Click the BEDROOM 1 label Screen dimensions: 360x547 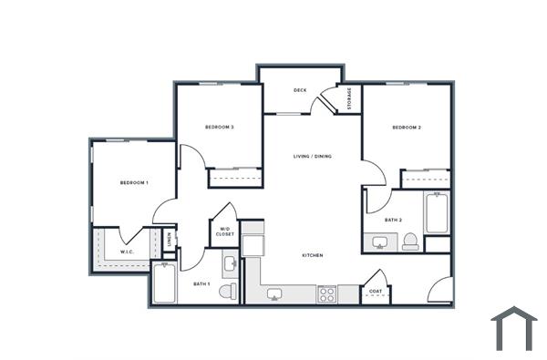click(134, 183)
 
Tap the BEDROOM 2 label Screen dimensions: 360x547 click(406, 128)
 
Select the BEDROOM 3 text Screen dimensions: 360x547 click(220, 127)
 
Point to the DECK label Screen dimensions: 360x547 click(299, 90)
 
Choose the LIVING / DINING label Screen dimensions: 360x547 click(312, 156)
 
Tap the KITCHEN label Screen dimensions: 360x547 click(312, 255)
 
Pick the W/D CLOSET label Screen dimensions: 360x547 click(224, 231)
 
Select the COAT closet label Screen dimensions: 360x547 click(376, 292)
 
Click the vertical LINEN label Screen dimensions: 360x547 click(170, 240)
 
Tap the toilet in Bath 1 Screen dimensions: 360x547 click(227, 291)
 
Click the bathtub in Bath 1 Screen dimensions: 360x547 click(165, 283)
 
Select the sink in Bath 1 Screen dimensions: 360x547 click(230, 264)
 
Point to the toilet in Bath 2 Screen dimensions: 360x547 click(410, 242)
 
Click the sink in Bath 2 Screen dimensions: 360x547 click(378, 242)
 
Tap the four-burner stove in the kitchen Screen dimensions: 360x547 click(326, 293)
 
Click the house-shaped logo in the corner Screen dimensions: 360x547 click(513, 328)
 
